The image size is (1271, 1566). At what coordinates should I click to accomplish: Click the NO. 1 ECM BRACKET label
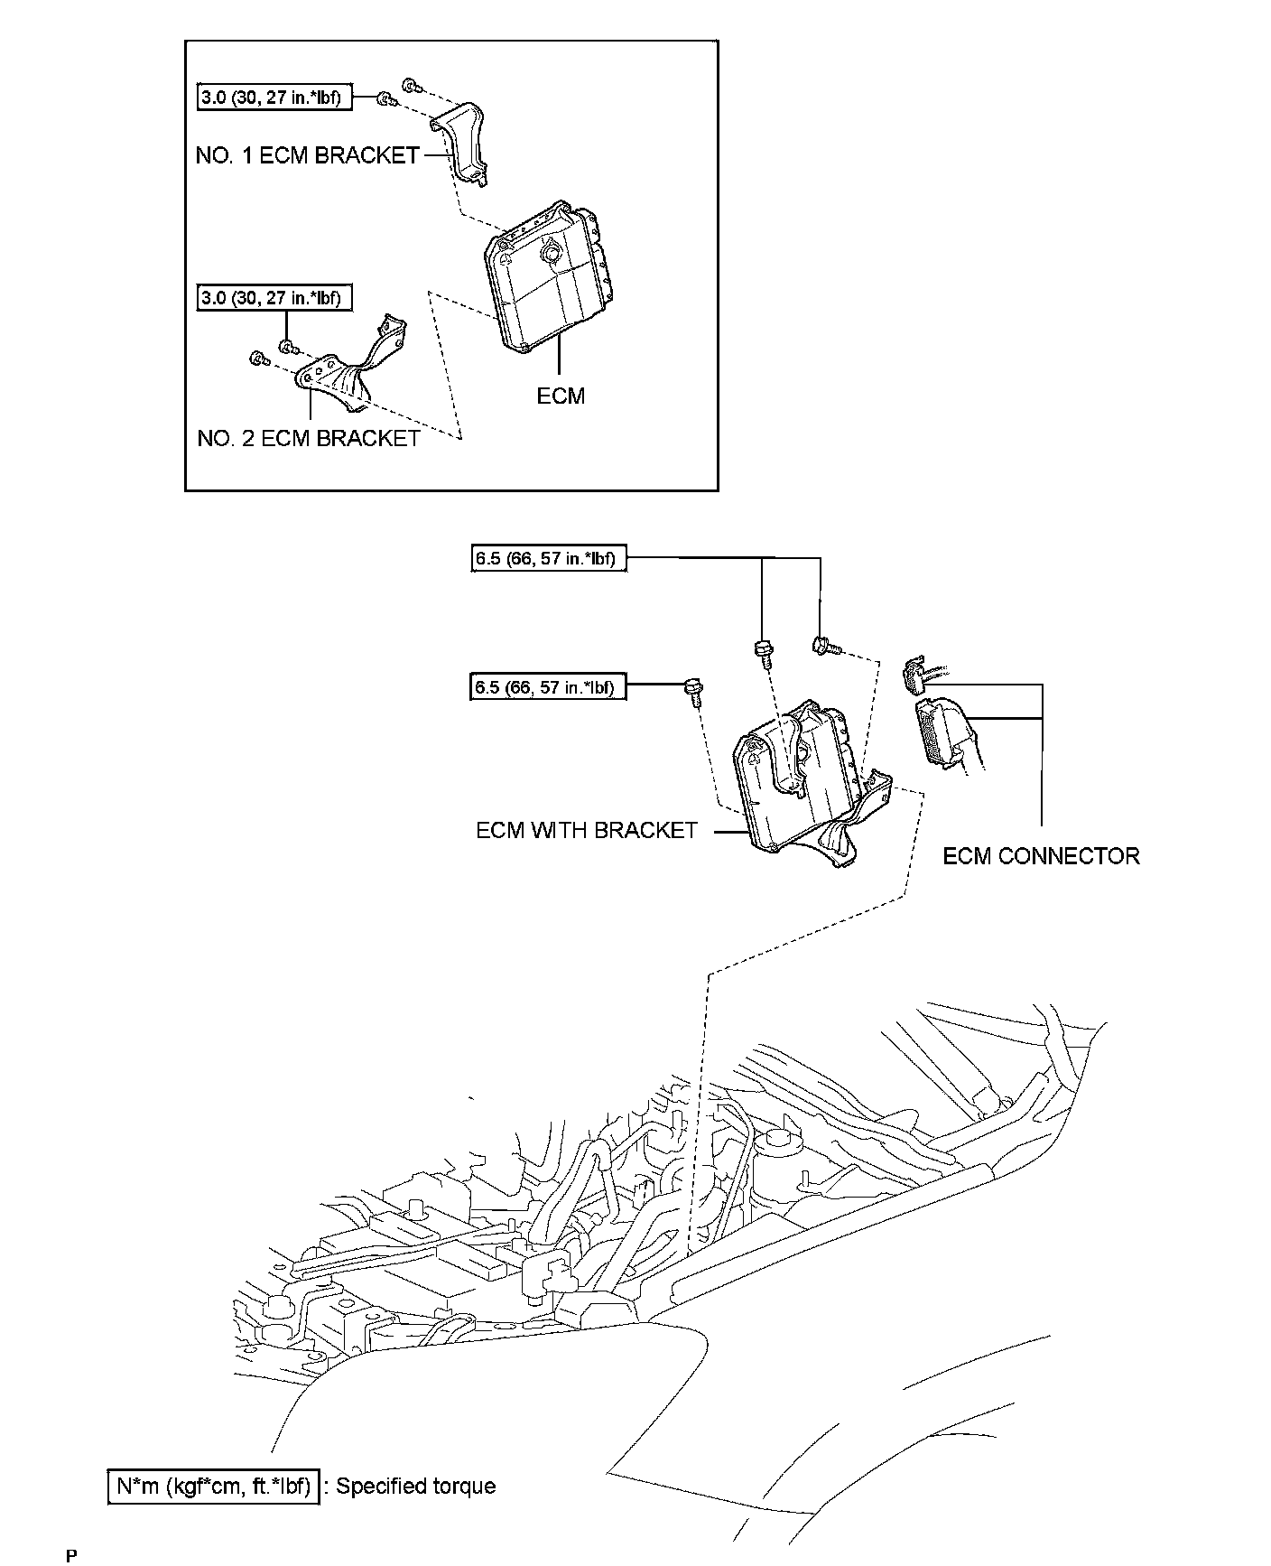point(307,155)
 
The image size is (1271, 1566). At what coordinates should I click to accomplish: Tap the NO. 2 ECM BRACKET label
point(308,438)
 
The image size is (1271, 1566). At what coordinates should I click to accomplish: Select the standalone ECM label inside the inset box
point(561,396)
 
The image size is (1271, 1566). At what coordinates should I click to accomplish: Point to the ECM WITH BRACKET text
point(587,830)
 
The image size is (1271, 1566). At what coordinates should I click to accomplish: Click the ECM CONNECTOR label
point(1041,855)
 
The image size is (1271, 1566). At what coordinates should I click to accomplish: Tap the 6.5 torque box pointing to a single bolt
point(548,688)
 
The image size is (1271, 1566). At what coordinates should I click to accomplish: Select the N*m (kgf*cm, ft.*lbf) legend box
point(213,1486)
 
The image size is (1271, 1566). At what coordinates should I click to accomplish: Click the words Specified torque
point(416,1486)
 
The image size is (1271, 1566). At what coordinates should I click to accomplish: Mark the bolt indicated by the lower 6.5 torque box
point(693,692)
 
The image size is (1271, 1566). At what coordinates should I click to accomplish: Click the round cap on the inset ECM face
point(548,256)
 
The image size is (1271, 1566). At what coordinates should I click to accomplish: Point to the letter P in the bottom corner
point(71,1555)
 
